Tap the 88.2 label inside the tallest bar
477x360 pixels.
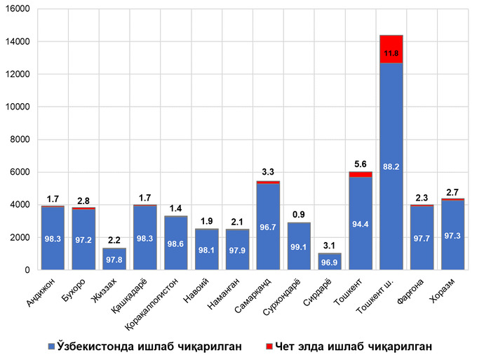click(x=391, y=166)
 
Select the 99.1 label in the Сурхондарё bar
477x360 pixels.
click(x=298, y=248)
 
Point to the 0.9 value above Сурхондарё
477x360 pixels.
click(x=298, y=213)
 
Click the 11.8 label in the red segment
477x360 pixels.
click(x=391, y=53)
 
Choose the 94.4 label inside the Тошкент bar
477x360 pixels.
click(x=360, y=225)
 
